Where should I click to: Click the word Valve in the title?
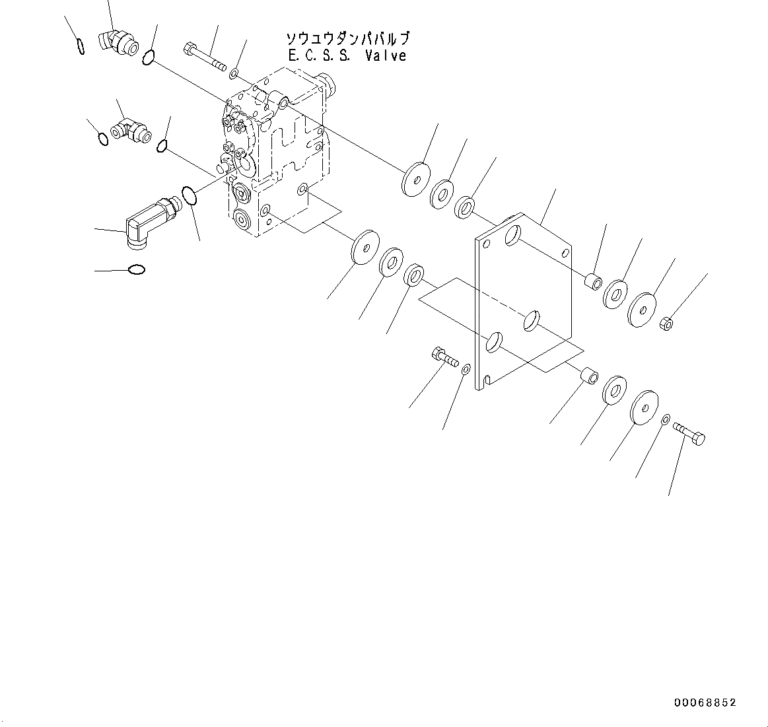point(386,56)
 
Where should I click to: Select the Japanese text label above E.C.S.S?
point(347,38)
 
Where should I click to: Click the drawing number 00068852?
point(705,703)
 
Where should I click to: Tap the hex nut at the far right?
point(667,323)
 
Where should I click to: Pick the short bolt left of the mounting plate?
point(445,357)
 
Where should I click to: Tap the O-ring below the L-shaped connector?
point(137,269)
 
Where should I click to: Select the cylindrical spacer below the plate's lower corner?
point(588,377)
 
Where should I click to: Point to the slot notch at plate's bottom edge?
point(487,380)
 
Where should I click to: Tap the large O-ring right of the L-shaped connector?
point(189,196)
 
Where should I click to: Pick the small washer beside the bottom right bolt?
point(666,419)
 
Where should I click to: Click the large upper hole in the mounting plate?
point(512,234)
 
